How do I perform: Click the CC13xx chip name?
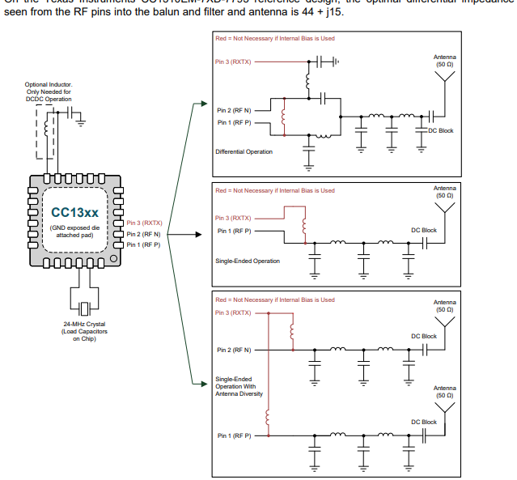[74, 213]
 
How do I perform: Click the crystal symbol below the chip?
[84, 308]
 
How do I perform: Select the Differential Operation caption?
[244, 151]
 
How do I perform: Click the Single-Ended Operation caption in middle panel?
[248, 261]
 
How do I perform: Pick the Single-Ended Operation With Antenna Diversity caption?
[234, 386]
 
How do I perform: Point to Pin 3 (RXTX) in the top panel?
[232, 62]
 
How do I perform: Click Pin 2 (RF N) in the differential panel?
[234, 108]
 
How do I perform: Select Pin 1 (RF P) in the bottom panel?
[234, 435]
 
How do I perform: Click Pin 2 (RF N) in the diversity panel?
[234, 350]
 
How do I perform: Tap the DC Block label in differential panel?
[442, 131]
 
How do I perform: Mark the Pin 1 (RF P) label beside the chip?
[143, 244]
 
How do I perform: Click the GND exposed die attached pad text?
[74, 232]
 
